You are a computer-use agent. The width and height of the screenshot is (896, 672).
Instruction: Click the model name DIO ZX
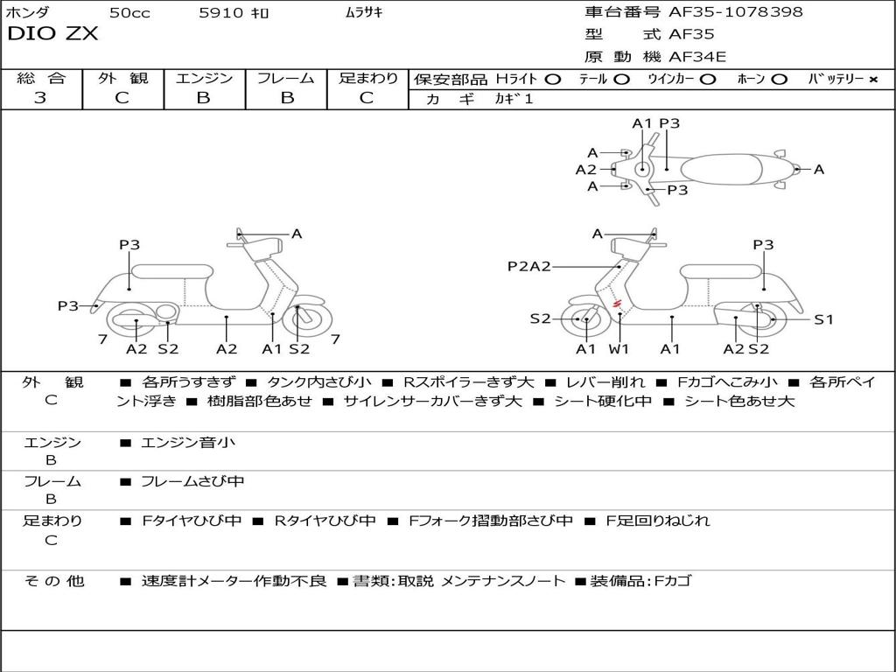tap(52, 34)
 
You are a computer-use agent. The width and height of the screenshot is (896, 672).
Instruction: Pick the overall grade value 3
tap(40, 98)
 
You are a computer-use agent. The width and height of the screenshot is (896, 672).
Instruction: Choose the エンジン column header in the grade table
tap(204, 78)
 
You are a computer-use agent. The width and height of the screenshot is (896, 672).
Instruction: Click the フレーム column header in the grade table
tap(285, 78)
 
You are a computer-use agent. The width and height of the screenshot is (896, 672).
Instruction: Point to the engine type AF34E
tap(697, 57)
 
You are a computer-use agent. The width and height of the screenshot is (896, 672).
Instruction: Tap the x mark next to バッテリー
tap(872, 79)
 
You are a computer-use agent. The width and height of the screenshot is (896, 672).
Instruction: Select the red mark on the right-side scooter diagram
tap(617, 304)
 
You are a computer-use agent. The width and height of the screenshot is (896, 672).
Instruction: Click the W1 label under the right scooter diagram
tap(619, 349)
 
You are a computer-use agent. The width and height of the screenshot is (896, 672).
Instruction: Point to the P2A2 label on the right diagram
tap(529, 266)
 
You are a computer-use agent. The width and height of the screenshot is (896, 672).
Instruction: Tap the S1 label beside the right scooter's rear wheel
tap(823, 319)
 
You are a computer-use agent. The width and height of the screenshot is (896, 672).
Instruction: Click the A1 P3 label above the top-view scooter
tap(656, 123)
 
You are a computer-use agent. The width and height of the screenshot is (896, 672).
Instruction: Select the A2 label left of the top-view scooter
tap(585, 170)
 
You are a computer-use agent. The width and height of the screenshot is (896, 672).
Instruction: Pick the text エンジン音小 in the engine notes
tap(188, 443)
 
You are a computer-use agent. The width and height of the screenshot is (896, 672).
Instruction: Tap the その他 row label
tap(53, 581)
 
